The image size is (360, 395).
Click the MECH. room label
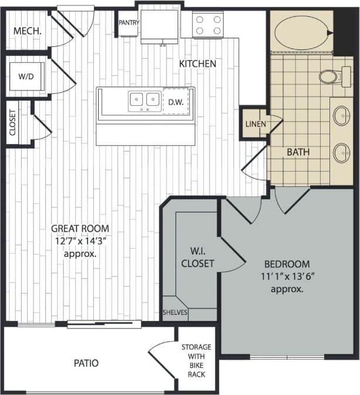click(26, 31)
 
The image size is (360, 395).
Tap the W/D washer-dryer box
click(26, 76)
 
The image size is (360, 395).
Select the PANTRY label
click(128, 23)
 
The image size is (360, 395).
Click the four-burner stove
click(208, 25)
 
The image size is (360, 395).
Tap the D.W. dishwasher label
click(176, 102)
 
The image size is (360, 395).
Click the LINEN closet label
click(255, 125)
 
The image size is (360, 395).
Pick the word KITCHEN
click(197, 63)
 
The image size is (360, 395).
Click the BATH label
click(298, 152)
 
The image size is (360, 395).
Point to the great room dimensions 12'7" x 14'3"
click(80, 242)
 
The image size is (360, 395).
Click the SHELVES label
click(175, 313)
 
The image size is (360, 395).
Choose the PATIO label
click(86, 363)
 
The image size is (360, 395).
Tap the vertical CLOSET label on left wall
click(13, 122)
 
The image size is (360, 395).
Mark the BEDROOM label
click(287, 264)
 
